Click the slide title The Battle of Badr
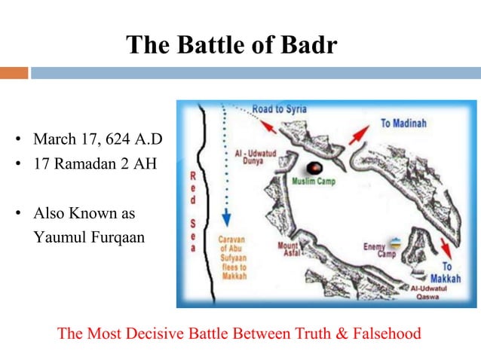(x=231, y=44)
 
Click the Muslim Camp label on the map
(x=315, y=182)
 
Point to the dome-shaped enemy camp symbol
(x=395, y=244)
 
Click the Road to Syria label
(x=279, y=109)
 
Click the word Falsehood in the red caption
(x=384, y=333)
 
